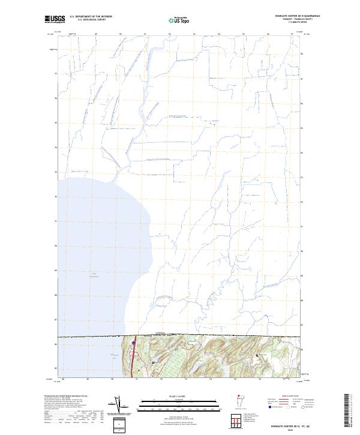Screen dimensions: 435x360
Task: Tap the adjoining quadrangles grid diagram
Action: click(239, 421)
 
